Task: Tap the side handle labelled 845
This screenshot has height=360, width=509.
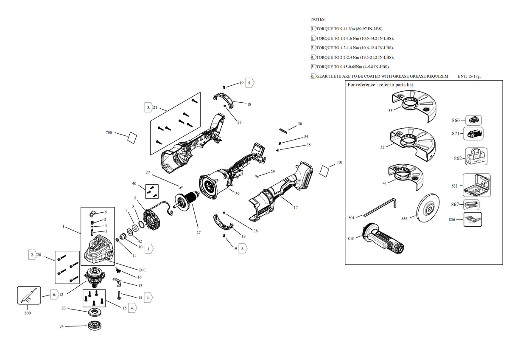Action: point(383,239)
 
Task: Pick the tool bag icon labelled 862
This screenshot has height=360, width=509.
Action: point(476,156)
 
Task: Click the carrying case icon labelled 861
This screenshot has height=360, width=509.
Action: point(477,185)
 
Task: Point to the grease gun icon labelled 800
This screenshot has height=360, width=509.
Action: point(29,295)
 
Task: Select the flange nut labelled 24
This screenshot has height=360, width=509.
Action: point(95,326)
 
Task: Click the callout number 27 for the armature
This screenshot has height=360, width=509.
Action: point(199,232)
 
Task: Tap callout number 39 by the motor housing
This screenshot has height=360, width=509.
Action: point(237,194)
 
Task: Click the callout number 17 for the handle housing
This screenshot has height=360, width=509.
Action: point(296,208)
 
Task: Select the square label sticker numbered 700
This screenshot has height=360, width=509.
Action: point(132,138)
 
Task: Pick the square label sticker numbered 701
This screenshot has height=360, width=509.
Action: point(324,171)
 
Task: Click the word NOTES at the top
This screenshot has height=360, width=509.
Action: point(319,20)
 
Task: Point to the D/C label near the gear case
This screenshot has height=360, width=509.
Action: point(143,270)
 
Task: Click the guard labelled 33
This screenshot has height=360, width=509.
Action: point(414,107)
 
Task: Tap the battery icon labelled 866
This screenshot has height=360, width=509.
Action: point(473,120)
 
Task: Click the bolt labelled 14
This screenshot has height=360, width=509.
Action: point(119,295)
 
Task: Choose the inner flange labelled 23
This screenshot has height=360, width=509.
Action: point(94,312)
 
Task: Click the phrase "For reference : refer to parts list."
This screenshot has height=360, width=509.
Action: point(381,84)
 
